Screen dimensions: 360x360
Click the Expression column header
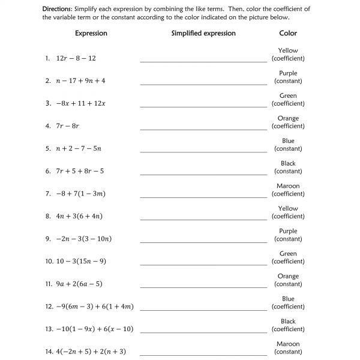coord(91,34)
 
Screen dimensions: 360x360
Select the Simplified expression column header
coord(203,34)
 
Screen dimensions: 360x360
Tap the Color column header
coord(288,34)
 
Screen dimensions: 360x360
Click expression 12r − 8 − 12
coord(76,58)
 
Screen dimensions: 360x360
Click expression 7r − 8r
coord(67,126)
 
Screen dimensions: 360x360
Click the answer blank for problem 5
coord(203,151)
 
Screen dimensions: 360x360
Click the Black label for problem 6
coord(288,163)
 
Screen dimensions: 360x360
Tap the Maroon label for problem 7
coord(288,186)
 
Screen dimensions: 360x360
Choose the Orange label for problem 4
coord(288,118)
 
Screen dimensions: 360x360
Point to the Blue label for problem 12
coord(288,299)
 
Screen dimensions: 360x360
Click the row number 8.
coord(47,216)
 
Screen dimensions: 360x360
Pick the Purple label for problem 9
coord(288,231)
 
